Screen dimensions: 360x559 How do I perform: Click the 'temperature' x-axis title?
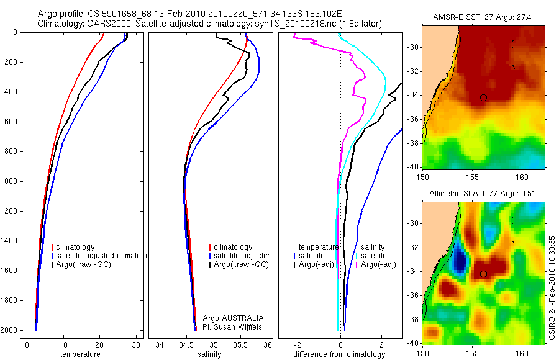coord(80,354)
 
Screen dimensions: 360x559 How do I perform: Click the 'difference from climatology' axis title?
coord(339,354)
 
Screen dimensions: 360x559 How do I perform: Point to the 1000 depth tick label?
coord(9,181)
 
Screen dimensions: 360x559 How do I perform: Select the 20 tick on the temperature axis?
coord(99,345)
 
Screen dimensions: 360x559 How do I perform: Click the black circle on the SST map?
coord(483,97)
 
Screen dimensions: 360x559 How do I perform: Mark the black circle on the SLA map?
coord(483,274)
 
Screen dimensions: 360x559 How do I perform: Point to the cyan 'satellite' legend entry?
coord(373,256)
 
